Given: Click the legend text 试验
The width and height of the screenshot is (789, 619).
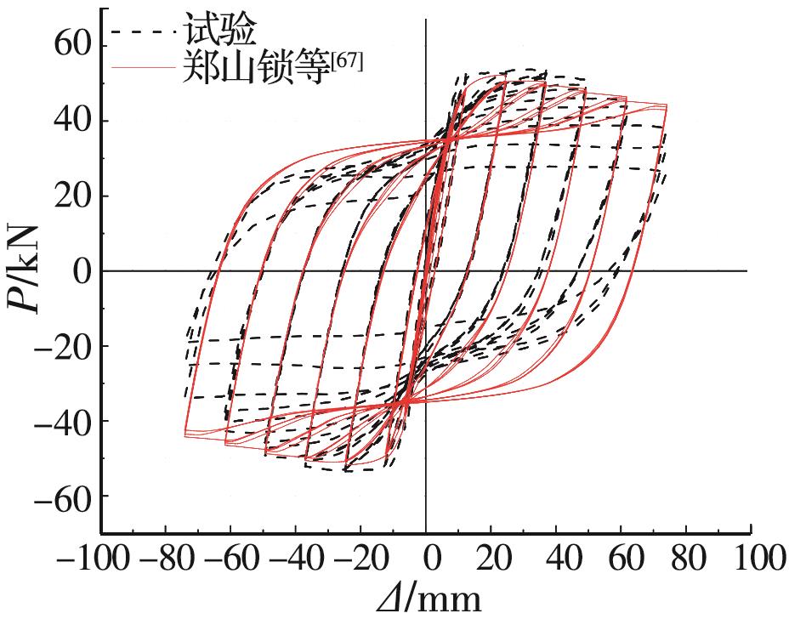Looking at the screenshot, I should [219, 31].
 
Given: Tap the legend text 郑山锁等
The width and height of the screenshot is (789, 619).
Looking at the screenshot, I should [255, 67].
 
